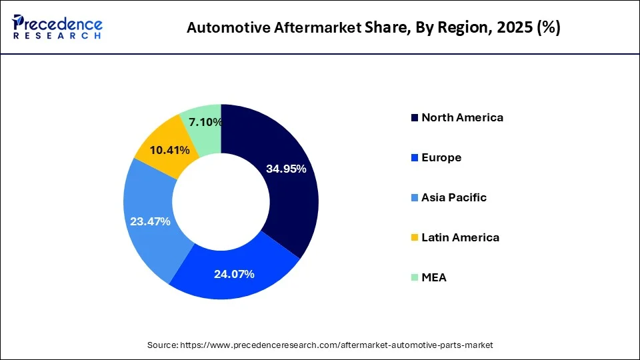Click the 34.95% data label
[x=286, y=169]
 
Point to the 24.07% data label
[x=233, y=273]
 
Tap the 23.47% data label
[x=150, y=221]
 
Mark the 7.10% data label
[x=205, y=122]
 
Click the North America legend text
[x=462, y=117]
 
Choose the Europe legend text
[x=441, y=157]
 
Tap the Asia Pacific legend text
[x=454, y=197]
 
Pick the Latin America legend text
[x=460, y=237]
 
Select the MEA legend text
[x=434, y=277]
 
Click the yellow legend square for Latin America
[x=415, y=238]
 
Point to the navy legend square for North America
[x=415, y=118]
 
